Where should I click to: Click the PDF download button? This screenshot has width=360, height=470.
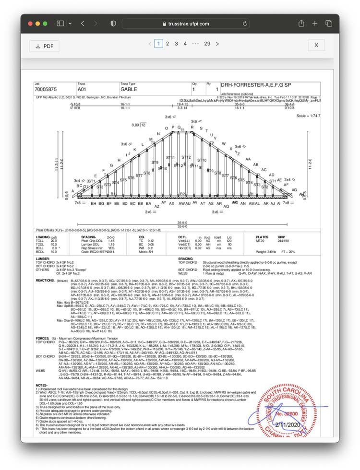coord(44,46)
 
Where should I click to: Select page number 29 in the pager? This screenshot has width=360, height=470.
coord(207,44)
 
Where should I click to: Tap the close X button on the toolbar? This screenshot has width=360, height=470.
coord(316,45)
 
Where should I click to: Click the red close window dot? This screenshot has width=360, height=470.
coord(30,23)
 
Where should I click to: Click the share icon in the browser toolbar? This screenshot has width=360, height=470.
coord(301,23)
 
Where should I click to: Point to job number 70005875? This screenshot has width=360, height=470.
coord(46,90)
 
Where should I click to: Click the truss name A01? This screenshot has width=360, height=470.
coord(83,90)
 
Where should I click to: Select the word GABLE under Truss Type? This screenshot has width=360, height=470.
coord(129,90)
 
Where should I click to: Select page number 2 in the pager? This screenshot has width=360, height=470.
coord(168,44)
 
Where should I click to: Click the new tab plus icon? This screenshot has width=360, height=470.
coord(315,23)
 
